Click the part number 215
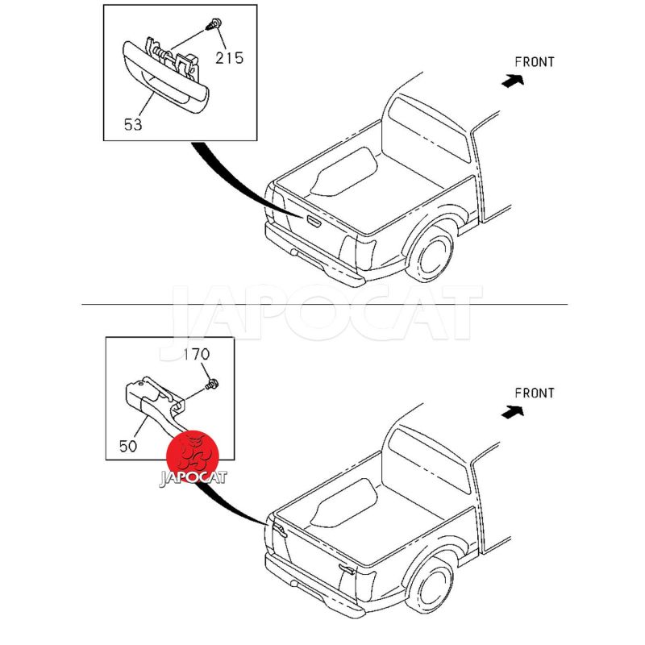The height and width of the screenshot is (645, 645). point(229,58)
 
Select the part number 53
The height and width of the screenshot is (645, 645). point(133,124)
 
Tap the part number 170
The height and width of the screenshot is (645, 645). point(196,354)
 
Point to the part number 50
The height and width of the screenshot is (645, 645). point(127,446)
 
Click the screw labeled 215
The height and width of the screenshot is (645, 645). point(214,24)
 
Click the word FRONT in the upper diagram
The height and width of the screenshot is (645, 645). point(535,62)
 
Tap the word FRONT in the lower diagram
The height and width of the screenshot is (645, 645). point(535,393)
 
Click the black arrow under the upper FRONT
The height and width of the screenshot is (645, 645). point(513,81)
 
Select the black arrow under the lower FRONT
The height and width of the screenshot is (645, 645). point(513,411)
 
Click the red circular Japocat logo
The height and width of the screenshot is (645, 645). point(192,457)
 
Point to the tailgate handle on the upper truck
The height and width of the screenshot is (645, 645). point(313,221)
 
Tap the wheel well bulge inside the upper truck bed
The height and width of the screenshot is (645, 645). point(344,172)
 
